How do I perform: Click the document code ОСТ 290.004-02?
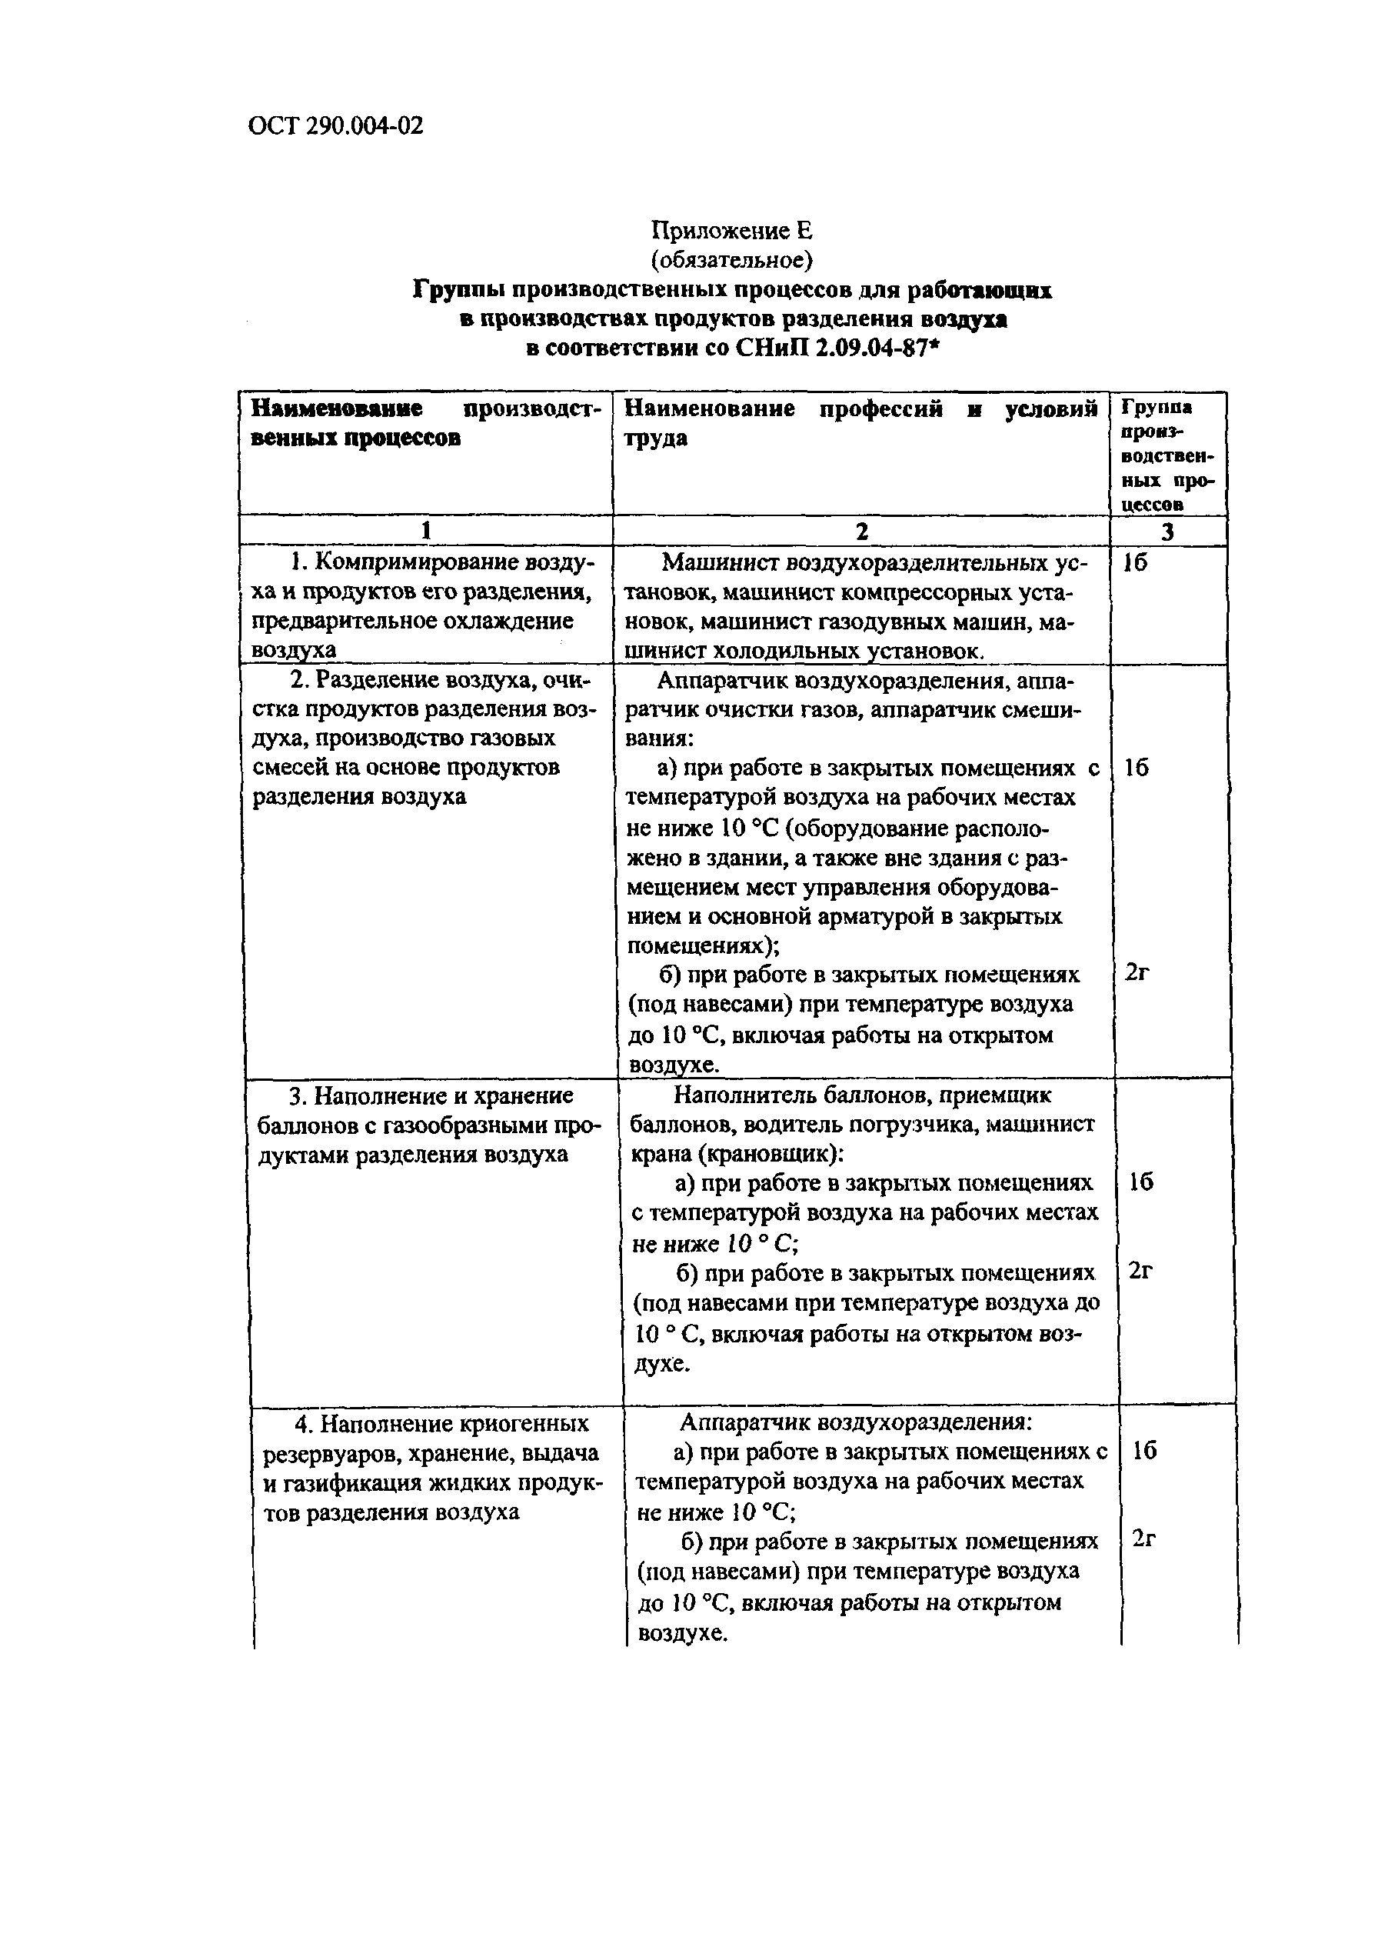(x=335, y=126)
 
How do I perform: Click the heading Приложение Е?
(x=731, y=230)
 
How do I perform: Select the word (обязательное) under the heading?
(x=731, y=258)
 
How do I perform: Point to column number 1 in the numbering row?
(x=426, y=531)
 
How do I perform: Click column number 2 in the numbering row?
(x=861, y=531)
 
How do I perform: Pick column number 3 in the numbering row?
(x=1167, y=532)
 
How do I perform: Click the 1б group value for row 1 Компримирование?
(x=1135, y=563)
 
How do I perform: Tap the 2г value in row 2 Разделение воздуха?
(x=1137, y=972)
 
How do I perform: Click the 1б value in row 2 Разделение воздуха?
(x=1137, y=768)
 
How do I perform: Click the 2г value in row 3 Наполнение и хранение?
(x=1141, y=1272)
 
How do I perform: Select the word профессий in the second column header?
(x=880, y=409)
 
